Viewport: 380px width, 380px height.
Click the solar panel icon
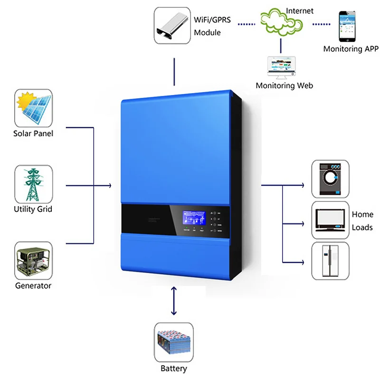(x=33, y=108)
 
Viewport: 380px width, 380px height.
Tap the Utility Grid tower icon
(x=33, y=184)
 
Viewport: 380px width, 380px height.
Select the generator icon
(x=33, y=260)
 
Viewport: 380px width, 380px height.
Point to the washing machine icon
(x=330, y=179)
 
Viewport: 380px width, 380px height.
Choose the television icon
(x=330, y=220)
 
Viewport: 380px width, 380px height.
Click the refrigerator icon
(x=330, y=261)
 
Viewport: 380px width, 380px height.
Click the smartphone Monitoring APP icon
(x=348, y=26)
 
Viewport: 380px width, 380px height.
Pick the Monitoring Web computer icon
(x=281, y=67)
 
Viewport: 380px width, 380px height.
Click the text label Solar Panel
(x=33, y=133)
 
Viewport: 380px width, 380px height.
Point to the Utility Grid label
(x=33, y=209)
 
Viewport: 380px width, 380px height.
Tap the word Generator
(x=33, y=285)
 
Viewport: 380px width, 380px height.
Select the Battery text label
(x=174, y=368)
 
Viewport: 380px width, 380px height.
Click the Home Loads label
(x=362, y=221)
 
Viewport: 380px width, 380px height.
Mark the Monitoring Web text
(x=284, y=86)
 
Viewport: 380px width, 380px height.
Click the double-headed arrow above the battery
(x=174, y=301)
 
